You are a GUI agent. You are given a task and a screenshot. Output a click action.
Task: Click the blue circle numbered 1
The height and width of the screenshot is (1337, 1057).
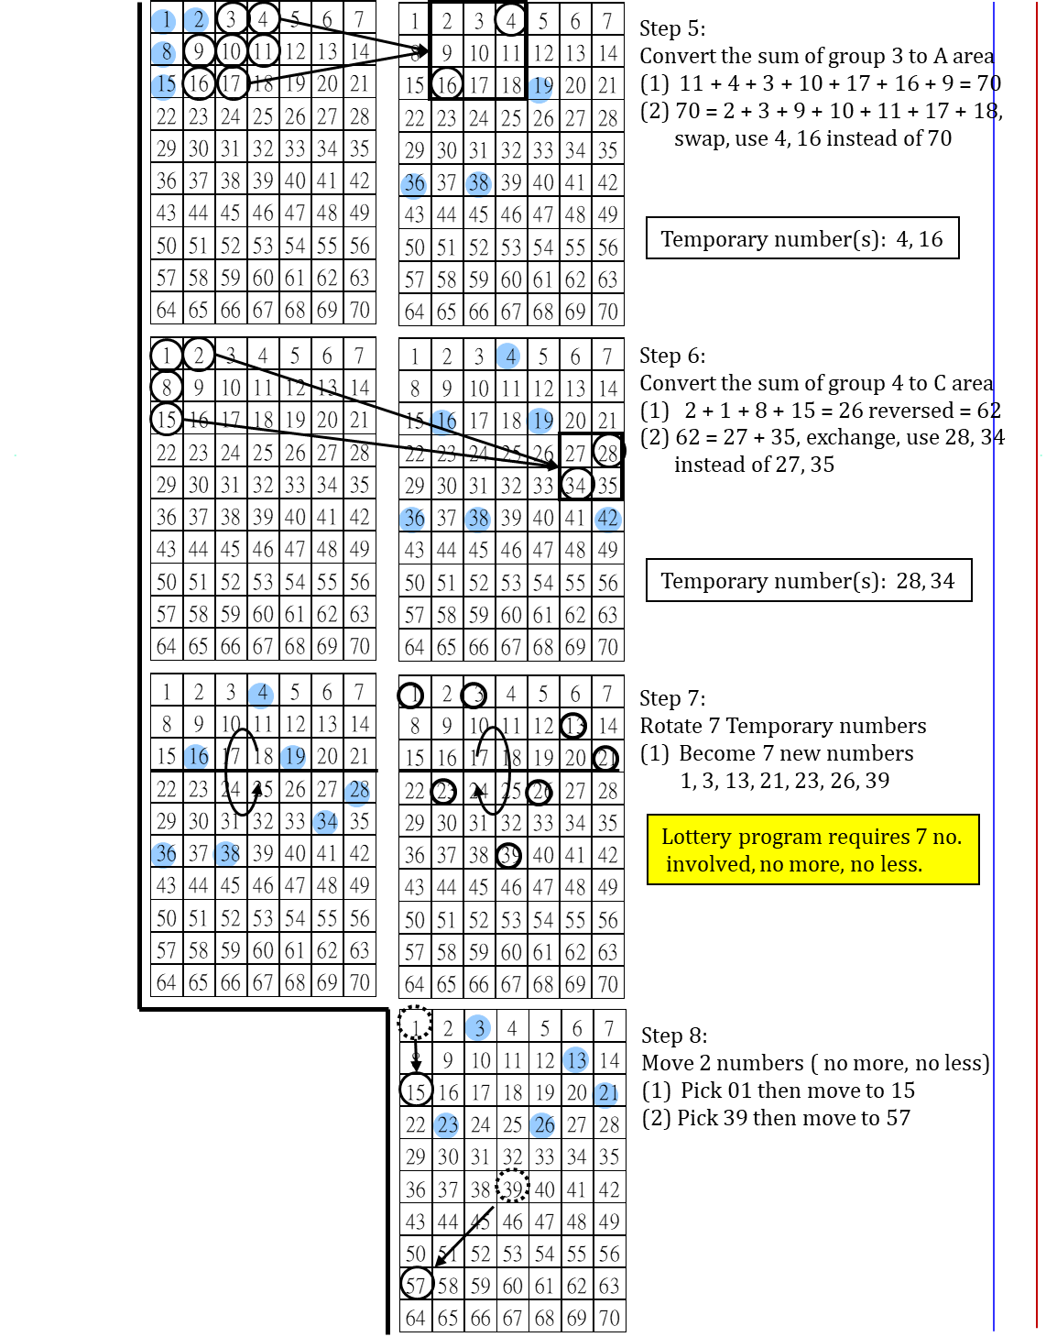click(x=163, y=21)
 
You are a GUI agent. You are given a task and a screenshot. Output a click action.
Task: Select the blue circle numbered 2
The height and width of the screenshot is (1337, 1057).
click(x=196, y=20)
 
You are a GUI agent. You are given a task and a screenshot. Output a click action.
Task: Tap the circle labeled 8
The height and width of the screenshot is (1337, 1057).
click(x=163, y=53)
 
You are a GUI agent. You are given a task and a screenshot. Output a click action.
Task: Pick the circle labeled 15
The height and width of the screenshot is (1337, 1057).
click(x=163, y=86)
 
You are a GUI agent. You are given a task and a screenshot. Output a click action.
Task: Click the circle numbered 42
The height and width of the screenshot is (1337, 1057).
click(x=608, y=519)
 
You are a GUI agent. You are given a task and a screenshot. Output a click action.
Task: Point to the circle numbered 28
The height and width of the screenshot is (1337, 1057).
click(x=357, y=792)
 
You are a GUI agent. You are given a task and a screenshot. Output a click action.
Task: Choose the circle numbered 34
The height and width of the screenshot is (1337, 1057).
click(x=325, y=822)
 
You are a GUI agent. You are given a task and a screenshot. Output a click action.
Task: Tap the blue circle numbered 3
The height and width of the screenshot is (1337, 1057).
click(x=478, y=1028)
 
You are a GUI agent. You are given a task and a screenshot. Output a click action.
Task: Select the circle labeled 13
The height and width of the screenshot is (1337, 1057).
click(x=575, y=1060)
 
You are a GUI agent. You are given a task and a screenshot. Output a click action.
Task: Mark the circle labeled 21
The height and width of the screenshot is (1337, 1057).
click(x=605, y=1094)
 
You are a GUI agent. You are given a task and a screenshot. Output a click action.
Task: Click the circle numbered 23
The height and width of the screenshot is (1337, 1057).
click(x=446, y=1125)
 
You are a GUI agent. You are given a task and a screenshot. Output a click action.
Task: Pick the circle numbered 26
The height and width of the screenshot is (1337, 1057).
click(x=542, y=1125)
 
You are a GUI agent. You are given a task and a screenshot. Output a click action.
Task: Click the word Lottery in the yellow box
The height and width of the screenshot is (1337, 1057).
click(x=696, y=837)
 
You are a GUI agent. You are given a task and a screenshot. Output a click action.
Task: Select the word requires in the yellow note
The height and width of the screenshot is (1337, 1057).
click(x=868, y=838)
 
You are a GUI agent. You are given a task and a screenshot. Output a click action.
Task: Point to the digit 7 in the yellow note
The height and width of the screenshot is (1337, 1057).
click(x=921, y=837)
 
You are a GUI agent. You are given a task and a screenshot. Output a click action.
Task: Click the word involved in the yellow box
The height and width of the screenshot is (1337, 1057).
click(x=708, y=864)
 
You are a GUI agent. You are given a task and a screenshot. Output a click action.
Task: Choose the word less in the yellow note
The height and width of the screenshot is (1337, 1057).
click(x=900, y=864)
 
